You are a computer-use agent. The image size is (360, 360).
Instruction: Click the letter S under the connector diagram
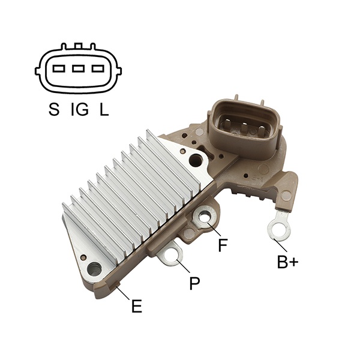[54, 109]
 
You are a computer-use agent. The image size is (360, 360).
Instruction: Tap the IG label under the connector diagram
[80, 109]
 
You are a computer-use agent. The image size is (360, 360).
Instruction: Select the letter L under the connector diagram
[104, 109]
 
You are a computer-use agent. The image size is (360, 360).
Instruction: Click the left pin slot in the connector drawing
[59, 68]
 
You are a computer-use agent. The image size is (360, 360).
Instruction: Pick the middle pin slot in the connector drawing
[78, 68]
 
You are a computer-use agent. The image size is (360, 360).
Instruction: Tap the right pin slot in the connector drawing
[98, 68]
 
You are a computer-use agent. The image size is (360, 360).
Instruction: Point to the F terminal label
[223, 245]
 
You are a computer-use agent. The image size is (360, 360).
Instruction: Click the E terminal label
[137, 306]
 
